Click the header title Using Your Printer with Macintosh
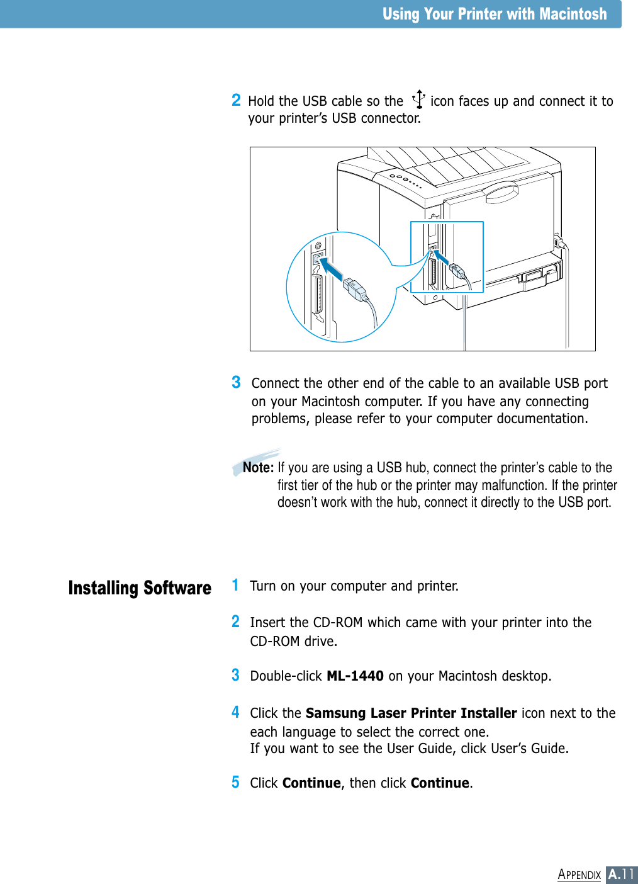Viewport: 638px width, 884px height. pos(495,14)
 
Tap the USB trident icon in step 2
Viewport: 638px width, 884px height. pos(418,99)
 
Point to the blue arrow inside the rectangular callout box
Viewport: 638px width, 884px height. pos(440,259)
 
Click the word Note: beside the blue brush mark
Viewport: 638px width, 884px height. pos(258,468)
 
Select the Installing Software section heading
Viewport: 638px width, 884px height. pos(140,588)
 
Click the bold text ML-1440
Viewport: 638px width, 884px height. pos(355,676)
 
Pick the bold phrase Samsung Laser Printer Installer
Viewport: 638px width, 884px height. pos(411,713)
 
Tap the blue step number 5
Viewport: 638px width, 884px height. pos(235,783)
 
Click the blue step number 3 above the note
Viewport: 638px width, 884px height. pos(236,382)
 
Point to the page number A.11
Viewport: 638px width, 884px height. pos(621,875)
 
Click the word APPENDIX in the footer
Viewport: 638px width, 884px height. pos(579,875)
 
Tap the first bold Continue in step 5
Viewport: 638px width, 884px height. pos(311,783)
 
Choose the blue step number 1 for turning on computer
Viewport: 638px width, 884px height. pos(235,585)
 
